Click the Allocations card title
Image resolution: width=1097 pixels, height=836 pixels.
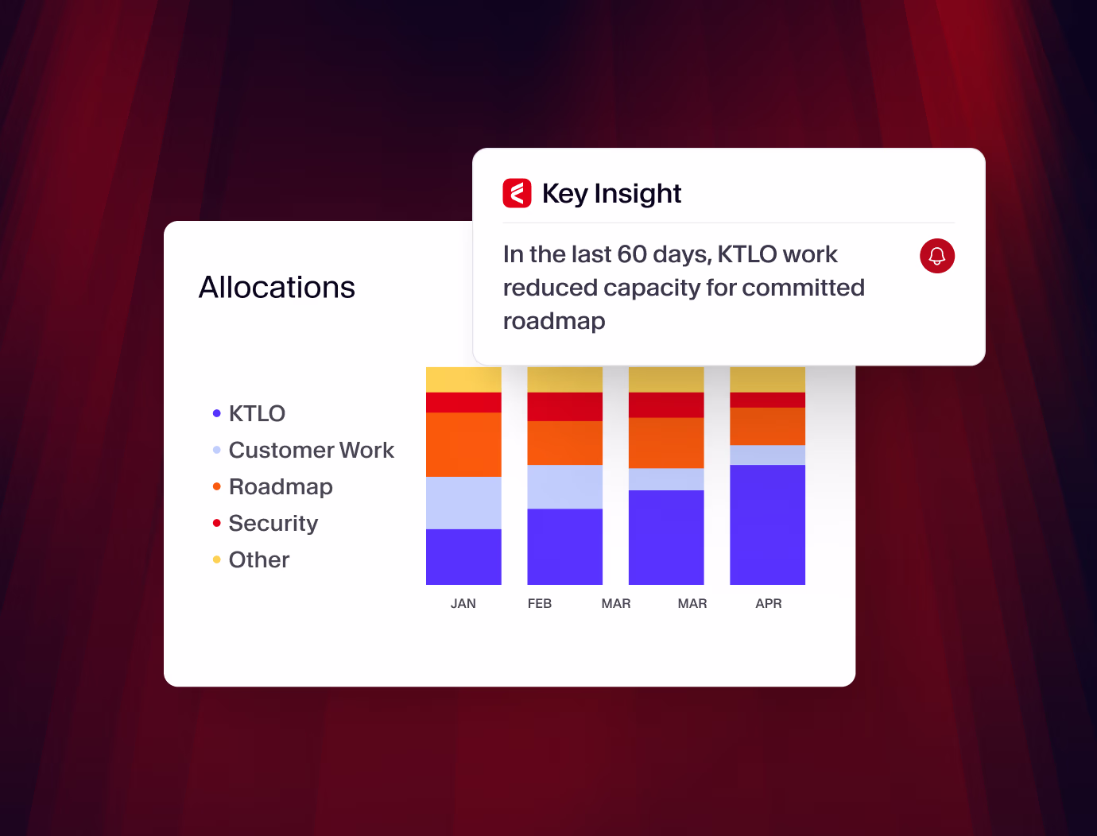[x=277, y=288]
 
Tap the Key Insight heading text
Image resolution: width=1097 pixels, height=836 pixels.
[x=611, y=194]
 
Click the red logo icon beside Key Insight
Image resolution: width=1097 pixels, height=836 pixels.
[x=517, y=193]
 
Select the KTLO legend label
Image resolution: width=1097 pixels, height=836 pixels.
[x=257, y=413]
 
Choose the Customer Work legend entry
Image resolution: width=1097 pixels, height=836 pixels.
[x=311, y=450]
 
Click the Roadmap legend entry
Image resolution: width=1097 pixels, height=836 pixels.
[x=281, y=486]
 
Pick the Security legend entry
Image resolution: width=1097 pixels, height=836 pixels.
[x=273, y=523]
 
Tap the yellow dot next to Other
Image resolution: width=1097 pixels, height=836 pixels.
[x=216, y=559]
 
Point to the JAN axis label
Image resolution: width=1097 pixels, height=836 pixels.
[x=463, y=604]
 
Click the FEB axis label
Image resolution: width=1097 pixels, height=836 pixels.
[x=540, y=604]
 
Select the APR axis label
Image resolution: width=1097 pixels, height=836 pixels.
[x=769, y=604]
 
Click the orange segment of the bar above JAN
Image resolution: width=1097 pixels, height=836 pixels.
[x=463, y=444]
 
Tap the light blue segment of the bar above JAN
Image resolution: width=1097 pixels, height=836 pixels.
[x=463, y=503]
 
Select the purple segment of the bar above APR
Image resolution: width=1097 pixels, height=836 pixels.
[x=767, y=524]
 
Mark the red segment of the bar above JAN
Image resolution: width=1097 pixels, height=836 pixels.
[x=463, y=402]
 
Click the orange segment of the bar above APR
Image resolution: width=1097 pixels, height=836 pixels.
[x=767, y=426]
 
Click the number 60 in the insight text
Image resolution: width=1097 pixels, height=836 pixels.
[x=632, y=254]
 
